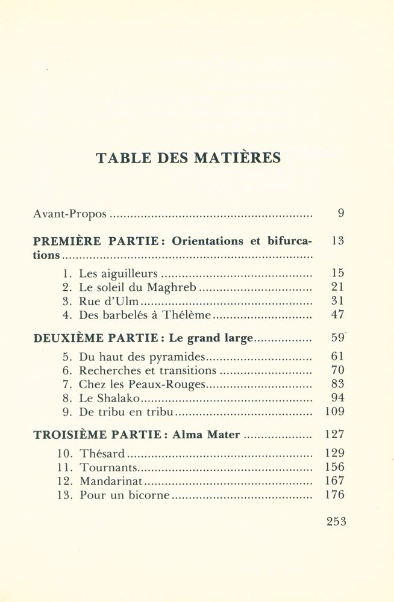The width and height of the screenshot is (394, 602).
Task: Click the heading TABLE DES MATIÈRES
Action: point(188,158)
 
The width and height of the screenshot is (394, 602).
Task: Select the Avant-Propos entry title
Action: point(70,214)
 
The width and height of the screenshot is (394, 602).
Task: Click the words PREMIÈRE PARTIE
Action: point(96,241)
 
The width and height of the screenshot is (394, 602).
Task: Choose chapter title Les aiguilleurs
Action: point(118,273)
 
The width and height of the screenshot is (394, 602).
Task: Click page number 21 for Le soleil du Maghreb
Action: point(337,287)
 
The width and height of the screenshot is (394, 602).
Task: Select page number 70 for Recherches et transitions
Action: point(337,370)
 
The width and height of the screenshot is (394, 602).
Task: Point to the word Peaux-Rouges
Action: point(169,384)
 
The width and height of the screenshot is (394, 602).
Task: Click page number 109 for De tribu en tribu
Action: point(334,412)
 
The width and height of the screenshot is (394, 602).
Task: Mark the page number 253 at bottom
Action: point(336,522)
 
